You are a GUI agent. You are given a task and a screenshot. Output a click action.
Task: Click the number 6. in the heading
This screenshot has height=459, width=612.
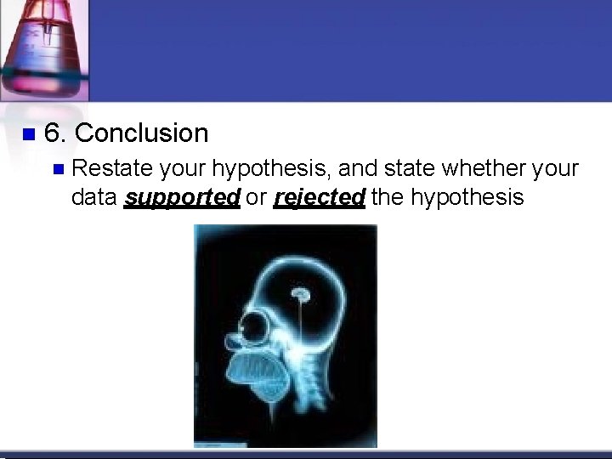(x=56, y=133)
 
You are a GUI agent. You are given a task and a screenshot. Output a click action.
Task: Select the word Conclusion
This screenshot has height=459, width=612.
(x=141, y=133)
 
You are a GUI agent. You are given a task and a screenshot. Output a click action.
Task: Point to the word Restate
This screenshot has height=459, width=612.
(x=105, y=168)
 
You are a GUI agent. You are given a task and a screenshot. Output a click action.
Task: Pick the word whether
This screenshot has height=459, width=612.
(x=481, y=168)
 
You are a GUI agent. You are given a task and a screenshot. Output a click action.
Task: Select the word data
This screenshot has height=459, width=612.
(x=94, y=197)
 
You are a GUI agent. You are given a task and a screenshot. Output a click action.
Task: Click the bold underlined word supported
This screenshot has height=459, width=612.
(x=182, y=198)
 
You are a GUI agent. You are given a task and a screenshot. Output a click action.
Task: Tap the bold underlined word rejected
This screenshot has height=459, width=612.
(x=320, y=198)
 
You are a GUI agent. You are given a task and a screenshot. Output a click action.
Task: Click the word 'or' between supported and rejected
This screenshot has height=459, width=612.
(x=256, y=198)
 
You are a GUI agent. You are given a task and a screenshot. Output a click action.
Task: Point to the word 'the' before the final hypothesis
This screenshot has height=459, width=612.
(x=388, y=197)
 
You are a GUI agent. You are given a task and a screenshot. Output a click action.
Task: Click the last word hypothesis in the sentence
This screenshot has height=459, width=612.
(x=467, y=198)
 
